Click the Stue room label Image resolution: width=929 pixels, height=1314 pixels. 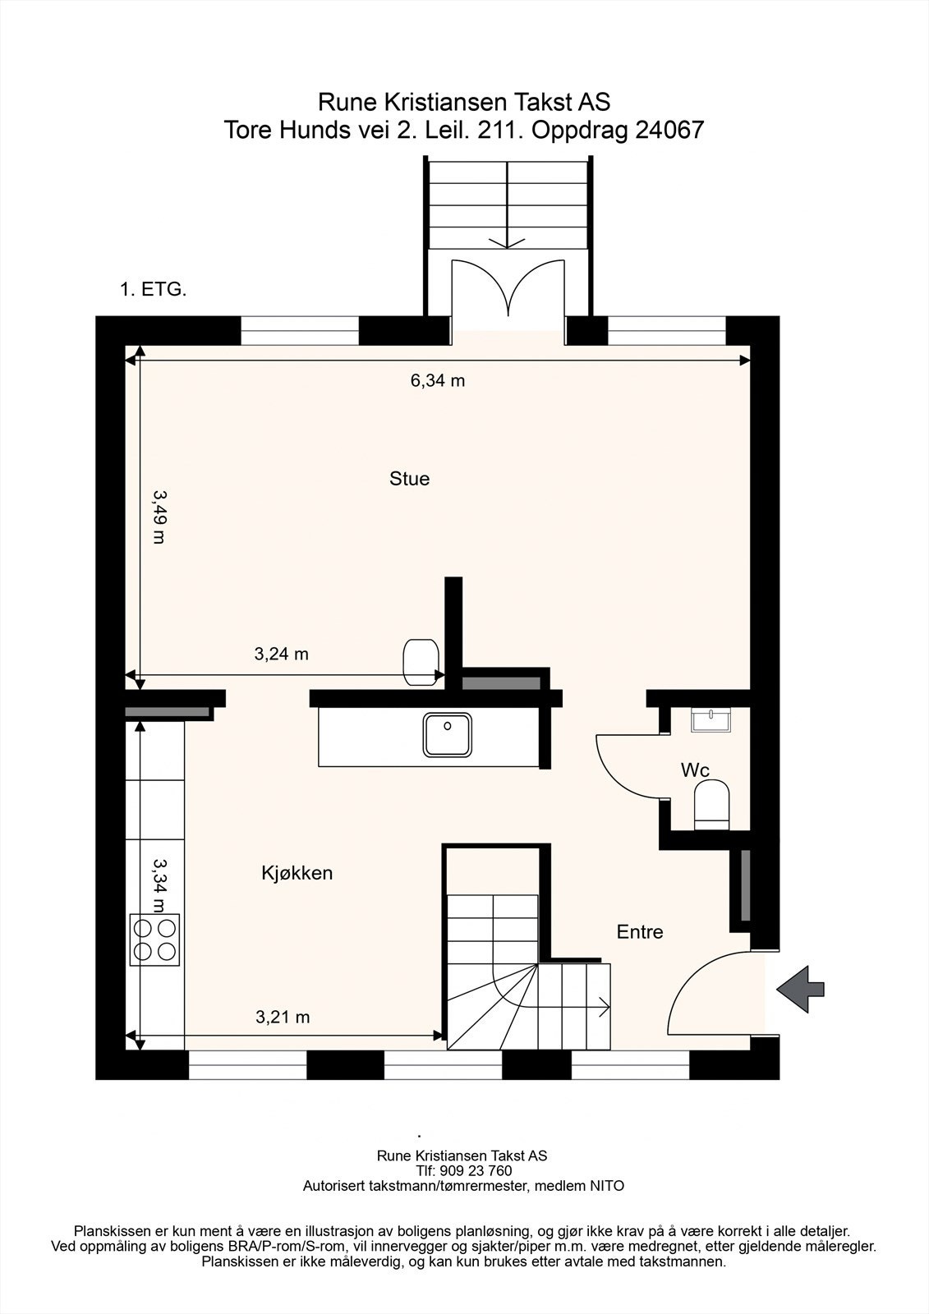click(409, 479)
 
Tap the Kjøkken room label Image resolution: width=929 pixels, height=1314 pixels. click(297, 873)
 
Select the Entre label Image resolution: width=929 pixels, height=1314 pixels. click(640, 931)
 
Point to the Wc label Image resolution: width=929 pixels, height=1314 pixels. click(695, 770)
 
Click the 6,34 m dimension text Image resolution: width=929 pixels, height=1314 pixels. click(437, 381)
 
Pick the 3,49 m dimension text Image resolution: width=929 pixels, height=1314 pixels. click(159, 517)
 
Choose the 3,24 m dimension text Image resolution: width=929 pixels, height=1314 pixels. click(281, 654)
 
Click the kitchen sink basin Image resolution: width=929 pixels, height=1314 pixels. click(447, 734)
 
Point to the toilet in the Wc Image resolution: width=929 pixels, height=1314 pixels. click(711, 804)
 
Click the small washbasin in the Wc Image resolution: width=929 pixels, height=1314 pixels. click(711, 719)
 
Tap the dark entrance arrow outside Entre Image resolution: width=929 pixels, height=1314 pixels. click(801, 989)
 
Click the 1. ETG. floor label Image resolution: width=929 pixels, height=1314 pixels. click(153, 289)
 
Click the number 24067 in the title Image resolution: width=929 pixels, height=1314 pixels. click(669, 130)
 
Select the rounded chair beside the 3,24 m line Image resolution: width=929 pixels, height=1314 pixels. click(421, 662)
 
